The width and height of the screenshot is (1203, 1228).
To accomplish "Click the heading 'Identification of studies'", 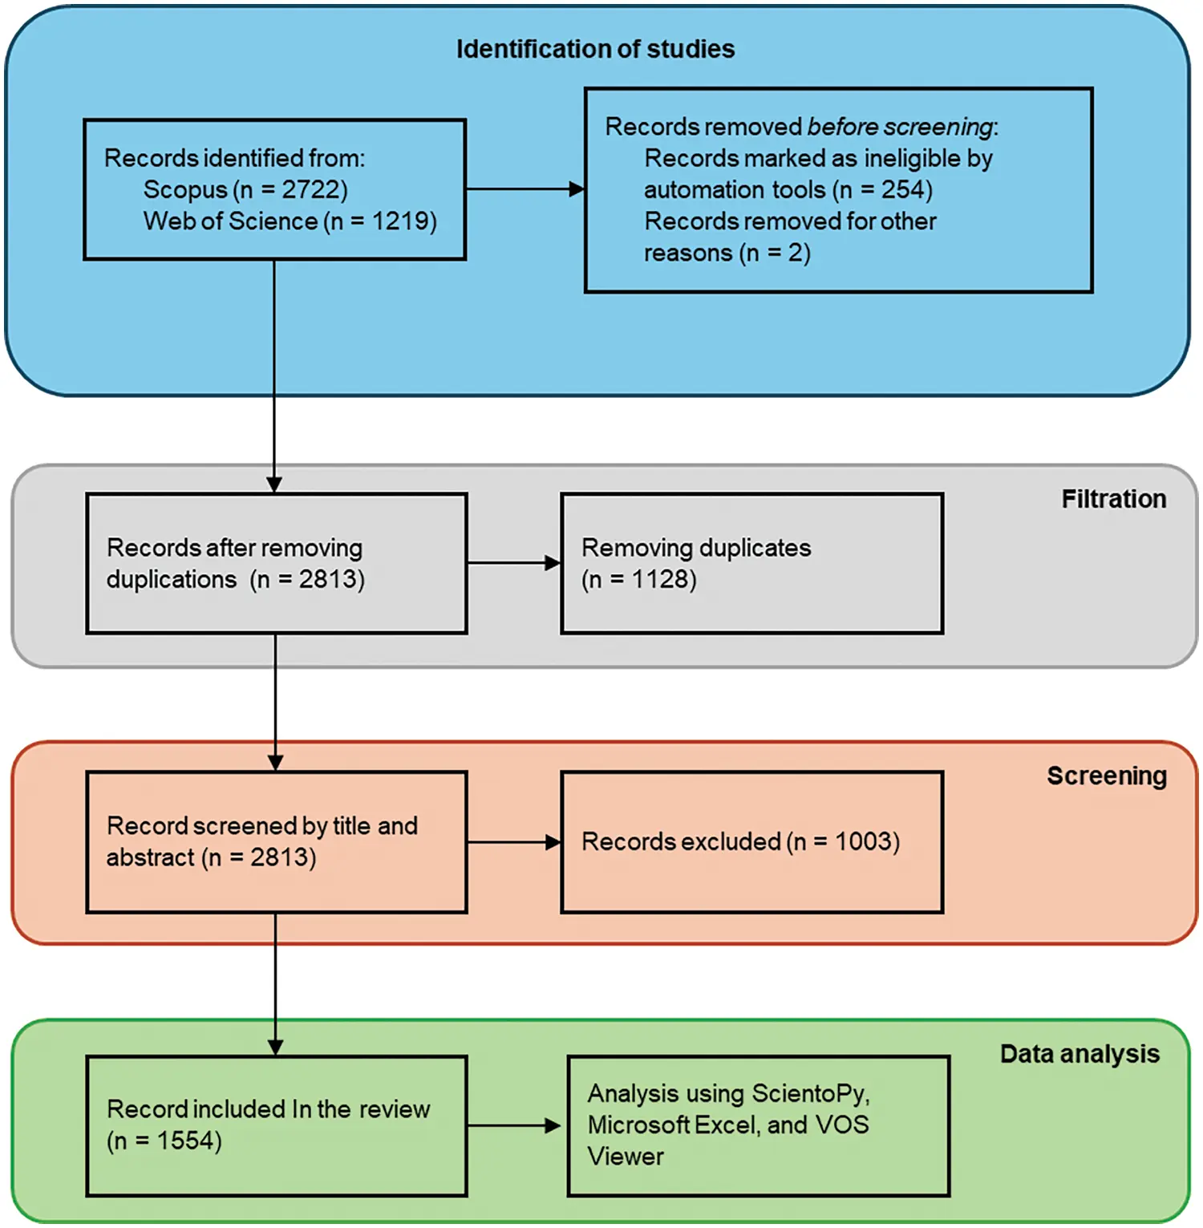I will click(595, 49).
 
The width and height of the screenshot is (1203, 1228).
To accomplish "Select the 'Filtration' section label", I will click(1113, 499).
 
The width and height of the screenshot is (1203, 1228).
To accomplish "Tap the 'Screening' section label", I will click(1106, 776).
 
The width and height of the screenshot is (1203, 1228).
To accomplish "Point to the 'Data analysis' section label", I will click(1079, 1053).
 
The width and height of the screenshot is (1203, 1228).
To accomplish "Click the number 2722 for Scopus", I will click(314, 189).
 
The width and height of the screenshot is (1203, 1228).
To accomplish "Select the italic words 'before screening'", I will click(900, 127).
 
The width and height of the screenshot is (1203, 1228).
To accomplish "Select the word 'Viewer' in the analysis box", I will click(626, 1157).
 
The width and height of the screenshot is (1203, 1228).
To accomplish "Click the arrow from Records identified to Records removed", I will click(525, 189).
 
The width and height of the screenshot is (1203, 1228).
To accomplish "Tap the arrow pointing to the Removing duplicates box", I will click(514, 563).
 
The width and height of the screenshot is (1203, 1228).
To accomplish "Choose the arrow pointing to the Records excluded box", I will click(514, 842).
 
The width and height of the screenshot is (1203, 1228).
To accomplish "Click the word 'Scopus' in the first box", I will click(185, 189).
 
